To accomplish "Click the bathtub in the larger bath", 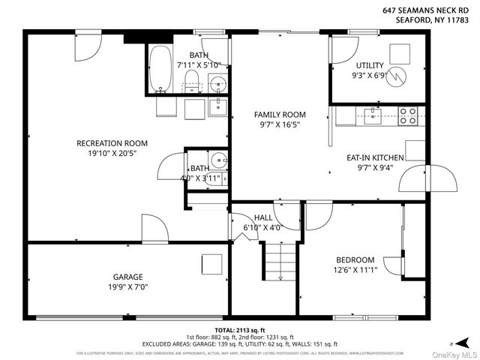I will (x=160, y=70).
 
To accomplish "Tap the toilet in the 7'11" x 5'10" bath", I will (x=191, y=80).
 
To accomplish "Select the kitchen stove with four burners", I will (x=407, y=115).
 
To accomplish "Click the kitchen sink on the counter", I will (x=372, y=115).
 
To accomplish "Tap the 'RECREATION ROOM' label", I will (x=112, y=143).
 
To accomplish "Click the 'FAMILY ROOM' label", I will (x=280, y=115).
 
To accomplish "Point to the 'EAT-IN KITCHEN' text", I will (x=375, y=157).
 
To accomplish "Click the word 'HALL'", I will (x=263, y=217).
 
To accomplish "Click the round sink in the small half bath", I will (x=219, y=160).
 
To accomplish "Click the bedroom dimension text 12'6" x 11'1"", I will (x=354, y=270).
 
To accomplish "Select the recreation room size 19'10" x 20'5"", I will (x=112, y=153).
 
